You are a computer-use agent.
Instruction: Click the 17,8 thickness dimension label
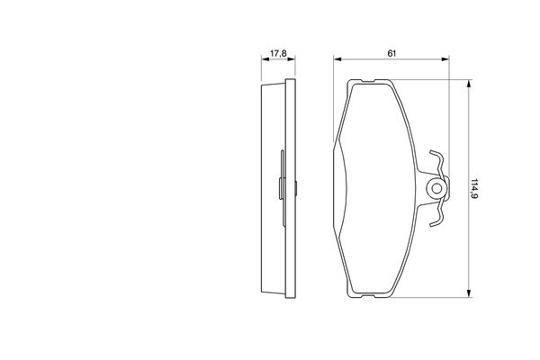coord(278,53)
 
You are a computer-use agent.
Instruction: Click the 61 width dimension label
coord(391,53)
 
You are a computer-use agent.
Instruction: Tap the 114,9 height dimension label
coord(474,189)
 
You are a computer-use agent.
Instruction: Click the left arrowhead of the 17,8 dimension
coord(265,59)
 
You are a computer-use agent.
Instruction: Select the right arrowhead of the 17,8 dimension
coord(292,59)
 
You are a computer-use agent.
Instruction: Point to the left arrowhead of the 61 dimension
coord(337,59)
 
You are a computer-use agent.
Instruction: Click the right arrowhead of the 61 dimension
coord(445,59)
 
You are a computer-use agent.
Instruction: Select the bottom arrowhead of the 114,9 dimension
coord(468,293)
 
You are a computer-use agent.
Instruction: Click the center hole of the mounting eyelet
coord(436,188)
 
